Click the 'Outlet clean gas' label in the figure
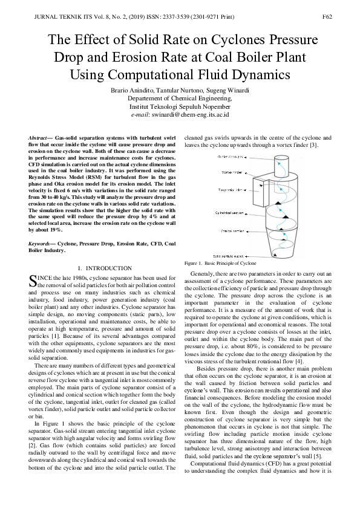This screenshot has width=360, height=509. (231, 157)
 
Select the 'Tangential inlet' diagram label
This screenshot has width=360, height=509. (231, 189)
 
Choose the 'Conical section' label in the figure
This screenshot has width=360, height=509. (232, 231)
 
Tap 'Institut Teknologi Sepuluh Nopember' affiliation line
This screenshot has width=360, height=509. (180, 106)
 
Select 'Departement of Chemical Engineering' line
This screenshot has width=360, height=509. (180, 98)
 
